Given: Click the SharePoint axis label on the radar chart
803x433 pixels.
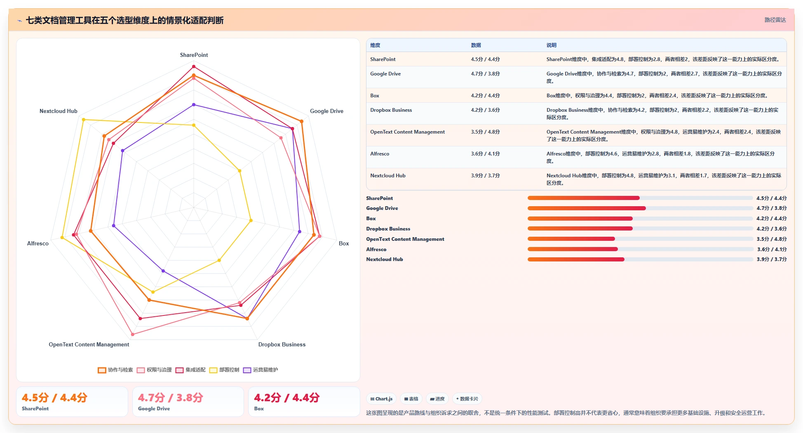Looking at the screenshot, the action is [x=194, y=55].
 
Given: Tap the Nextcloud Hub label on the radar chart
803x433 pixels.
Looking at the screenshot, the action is [x=59, y=111].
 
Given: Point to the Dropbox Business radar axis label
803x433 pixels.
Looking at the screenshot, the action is [x=282, y=344].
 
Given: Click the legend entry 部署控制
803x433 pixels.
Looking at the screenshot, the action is [x=224, y=370].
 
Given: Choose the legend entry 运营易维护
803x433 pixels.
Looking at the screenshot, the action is [x=261, y=370].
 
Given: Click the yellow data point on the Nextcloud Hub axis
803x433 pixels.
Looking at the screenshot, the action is [x=83, y=120].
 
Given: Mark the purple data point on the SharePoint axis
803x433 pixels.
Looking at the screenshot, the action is [x=194, y=105].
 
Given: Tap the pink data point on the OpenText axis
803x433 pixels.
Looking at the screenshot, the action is [x=132, y=334].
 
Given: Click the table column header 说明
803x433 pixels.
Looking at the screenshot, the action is [x=552, y=45].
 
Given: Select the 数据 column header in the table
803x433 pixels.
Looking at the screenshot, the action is [x=476, y=45].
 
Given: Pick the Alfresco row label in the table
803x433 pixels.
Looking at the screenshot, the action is [x=380, y=154].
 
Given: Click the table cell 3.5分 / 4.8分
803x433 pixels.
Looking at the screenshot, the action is [x=486, y=132].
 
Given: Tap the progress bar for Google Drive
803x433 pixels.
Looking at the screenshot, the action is [x=640, y=208].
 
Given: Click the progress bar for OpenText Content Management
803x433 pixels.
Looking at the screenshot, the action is [x=640, y=239].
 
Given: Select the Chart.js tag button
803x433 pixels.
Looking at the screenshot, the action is [x=381, y=399].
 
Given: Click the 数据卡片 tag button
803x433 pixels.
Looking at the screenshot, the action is [x=467, y=399].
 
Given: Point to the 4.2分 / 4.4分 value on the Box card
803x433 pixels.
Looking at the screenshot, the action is [x=286, y=398].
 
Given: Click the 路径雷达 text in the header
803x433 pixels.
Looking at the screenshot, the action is [x=775, y=20].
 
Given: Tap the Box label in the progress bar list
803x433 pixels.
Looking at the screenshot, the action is [x=371, y=219].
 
